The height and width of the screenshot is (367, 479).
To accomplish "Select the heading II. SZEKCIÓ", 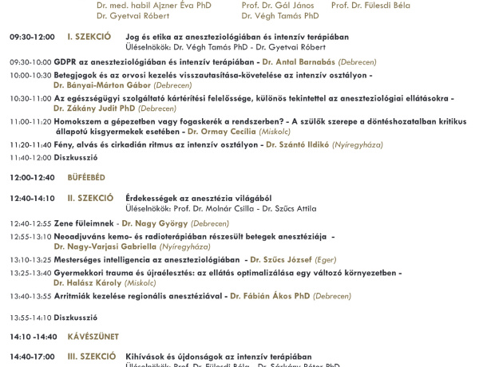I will coord(90,198).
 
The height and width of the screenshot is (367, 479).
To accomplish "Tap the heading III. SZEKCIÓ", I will coord(91,357).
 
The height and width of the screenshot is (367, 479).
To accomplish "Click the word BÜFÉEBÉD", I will coord(86,177).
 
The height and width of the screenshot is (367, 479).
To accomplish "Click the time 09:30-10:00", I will coord(30,61).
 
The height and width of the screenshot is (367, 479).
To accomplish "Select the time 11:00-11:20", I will coord(30,121).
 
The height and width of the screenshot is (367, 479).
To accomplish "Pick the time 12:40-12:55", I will coord(30,223).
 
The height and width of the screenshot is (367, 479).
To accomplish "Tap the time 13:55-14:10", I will coord(30,317).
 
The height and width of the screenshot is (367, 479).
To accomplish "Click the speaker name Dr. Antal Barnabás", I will coord(299,61).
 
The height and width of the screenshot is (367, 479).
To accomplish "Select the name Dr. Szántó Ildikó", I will coord(299,144).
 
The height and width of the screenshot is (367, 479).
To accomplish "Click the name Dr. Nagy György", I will coord(154,223).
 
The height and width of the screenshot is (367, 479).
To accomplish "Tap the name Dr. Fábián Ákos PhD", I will coord(270,296).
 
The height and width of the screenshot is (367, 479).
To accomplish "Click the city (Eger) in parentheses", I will coord(325,259).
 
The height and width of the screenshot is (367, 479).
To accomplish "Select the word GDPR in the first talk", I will coord(65,61).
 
